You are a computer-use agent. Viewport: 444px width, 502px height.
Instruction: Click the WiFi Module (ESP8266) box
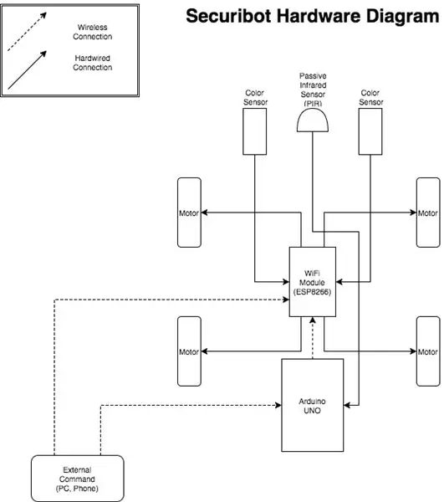[313, 282]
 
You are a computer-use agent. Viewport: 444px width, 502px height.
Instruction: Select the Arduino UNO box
[313, 405]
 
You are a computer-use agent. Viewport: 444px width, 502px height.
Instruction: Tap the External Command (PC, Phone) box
[78, 479]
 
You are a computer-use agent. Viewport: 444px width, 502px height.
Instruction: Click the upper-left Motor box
[189, 213]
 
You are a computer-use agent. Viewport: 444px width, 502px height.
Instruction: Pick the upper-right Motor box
[428, 213]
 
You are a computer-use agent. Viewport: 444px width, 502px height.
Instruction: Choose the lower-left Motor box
[189, 351]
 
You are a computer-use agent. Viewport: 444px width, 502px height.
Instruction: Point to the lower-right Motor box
[428, 351]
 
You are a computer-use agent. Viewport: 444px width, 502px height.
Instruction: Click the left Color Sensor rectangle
[255, 131]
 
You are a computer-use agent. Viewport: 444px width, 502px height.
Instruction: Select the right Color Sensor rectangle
[370, 131]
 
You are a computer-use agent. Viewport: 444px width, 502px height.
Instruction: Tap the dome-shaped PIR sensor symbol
[313, 120]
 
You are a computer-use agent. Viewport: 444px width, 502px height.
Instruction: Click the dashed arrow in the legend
[27, 32]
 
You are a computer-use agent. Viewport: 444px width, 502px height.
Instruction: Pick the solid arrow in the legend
[27, 69]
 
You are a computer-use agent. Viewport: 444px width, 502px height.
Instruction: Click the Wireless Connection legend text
[93, 32]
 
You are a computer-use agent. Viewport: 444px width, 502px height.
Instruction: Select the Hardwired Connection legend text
[93, 63]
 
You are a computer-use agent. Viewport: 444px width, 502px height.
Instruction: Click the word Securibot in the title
[229, 16]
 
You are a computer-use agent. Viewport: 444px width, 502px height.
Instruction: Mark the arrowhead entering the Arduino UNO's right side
[347, 405]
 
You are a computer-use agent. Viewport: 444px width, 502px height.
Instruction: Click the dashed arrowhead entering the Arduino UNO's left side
[278, 405]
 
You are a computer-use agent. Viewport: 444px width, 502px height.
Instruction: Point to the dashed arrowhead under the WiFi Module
[313, 320]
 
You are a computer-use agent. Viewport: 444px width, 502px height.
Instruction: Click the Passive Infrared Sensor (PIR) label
[313, 90]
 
